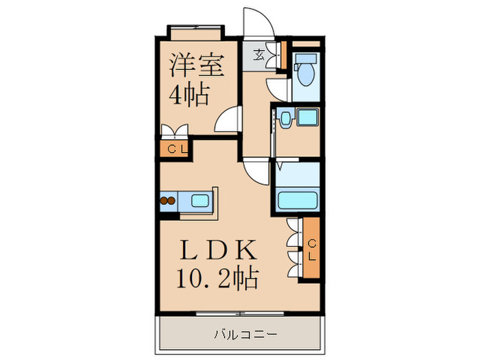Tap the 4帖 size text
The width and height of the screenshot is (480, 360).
[x=189, y=95]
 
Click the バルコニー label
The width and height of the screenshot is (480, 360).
[x=243, y=335]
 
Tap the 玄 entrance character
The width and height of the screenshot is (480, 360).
[x=261, y=54]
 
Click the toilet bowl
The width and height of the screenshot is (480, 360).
[x=304, y=71]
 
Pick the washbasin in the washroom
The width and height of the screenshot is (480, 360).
[x=285, y=119]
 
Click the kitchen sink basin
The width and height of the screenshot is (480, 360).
[x=200, y=202]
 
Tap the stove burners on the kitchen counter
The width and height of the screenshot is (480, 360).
[x=168, y=202]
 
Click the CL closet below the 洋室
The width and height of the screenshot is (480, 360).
[x=176, y=148]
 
